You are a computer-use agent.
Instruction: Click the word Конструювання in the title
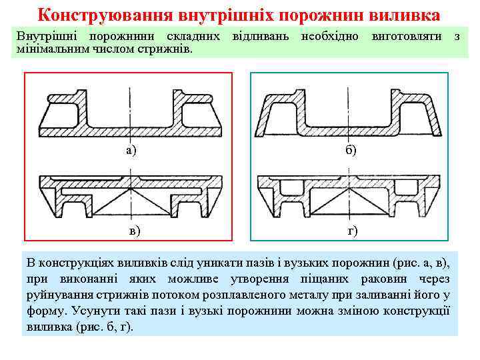coord(99,14)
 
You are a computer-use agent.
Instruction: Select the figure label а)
coord(131,150)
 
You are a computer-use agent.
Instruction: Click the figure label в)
coord(135,231)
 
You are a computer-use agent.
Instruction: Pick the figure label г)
coord(352,231)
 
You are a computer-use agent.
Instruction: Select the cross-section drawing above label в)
coord(129,195)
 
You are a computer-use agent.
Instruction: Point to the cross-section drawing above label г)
coord(348,195)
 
